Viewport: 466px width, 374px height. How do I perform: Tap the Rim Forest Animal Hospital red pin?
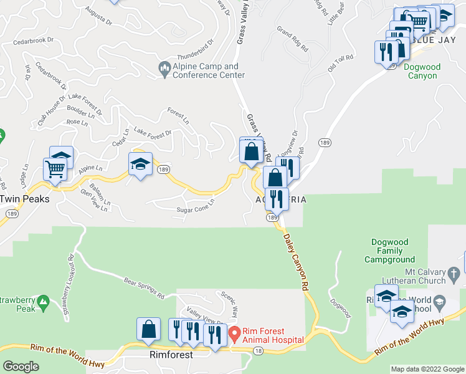(x=234, y=334)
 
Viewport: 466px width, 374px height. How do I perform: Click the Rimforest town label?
(x=171, y=354)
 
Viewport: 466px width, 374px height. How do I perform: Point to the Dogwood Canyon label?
(x=422, y=71)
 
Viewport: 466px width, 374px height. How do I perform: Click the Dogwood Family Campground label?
(x=393, y=251)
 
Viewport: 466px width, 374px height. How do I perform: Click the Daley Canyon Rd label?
(x=297, y=260)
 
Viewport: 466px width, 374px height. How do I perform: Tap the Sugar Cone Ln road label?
(x=195, y=206)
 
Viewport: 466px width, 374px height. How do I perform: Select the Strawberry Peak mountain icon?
(x=43, y=303)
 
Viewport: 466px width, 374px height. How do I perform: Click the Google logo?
(x=21, y=367)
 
